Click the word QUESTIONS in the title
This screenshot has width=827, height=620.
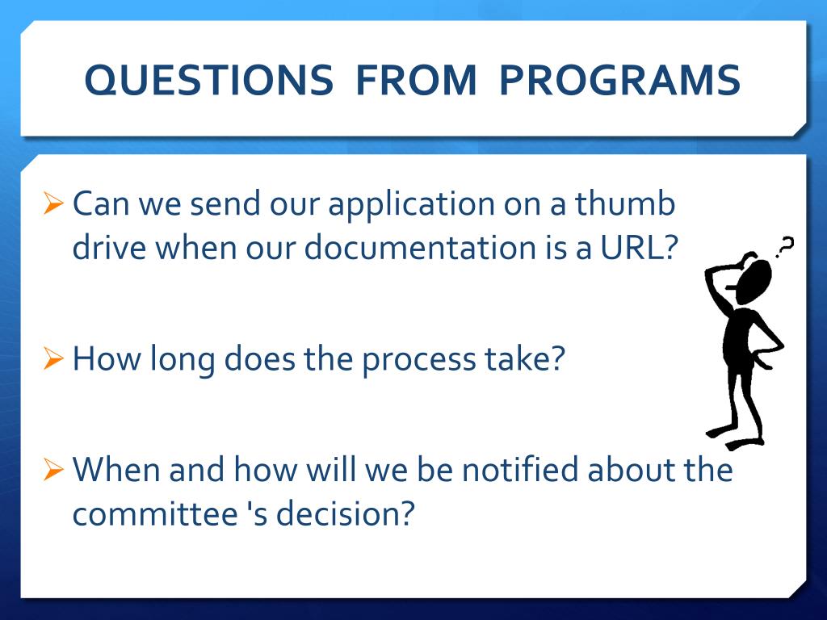[209, 80]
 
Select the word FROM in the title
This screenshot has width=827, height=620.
[416, 80]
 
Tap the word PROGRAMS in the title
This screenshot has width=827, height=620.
[619, 80]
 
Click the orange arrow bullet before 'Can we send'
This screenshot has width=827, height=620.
[53, 203]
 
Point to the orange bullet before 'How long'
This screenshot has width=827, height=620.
[53, 358]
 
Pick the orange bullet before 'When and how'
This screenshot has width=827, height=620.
[53, 469]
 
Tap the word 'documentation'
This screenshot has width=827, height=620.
[420, 247]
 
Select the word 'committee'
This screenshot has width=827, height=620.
[155, 513]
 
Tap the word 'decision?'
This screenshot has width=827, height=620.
[346, 513]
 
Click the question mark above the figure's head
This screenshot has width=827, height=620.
[785, 246]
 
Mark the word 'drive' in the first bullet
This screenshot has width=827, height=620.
[109, 247]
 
